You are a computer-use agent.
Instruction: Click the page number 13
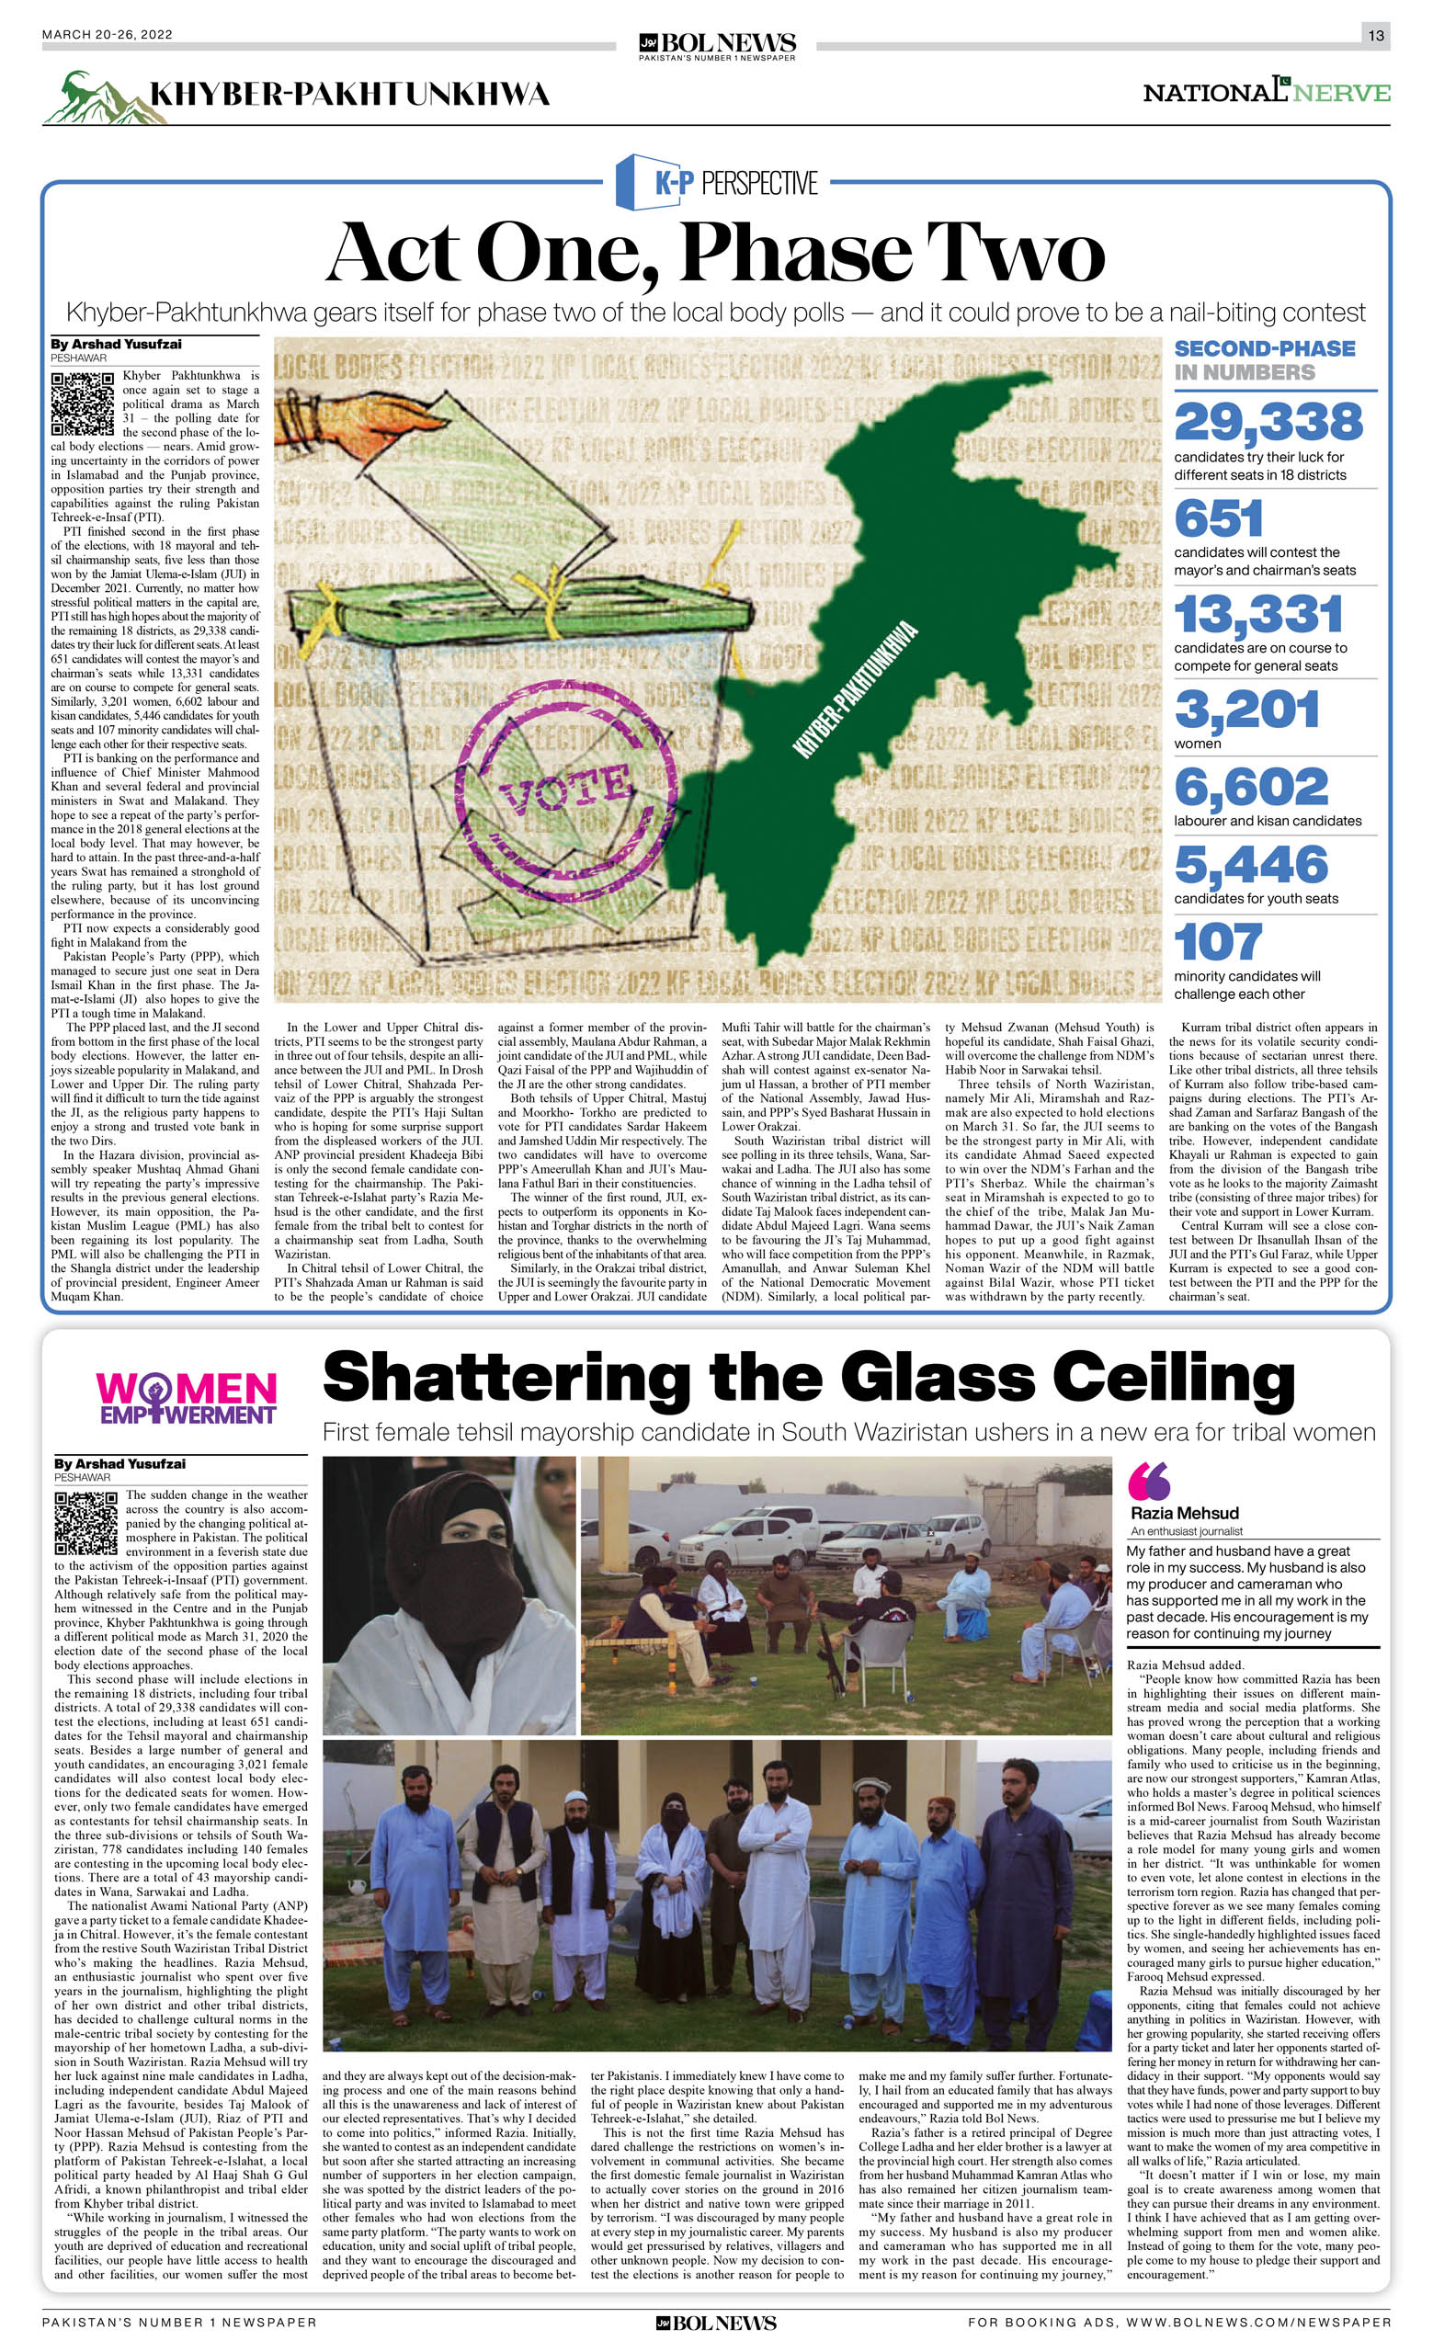click(x=1376, y=35)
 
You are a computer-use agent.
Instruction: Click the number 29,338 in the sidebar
click(x=1268, y=422)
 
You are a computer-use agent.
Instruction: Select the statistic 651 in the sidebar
click(x=1218, y=519)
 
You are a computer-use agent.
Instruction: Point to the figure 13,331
click(x=1258, y=615)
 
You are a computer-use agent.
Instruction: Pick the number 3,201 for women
click(x=1246, y=710)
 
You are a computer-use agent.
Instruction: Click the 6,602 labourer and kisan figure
click(x=1251, y=788)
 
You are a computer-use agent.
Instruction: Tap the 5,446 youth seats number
click(x=1251, y=865)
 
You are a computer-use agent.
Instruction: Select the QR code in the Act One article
click(x=83, y=403)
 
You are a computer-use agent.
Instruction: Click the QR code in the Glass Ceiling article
click(x=85, y=1524)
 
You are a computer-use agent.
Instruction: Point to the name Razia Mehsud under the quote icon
click(x=1184, y=1513)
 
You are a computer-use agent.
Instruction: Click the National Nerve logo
click(x=1266, y=93)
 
